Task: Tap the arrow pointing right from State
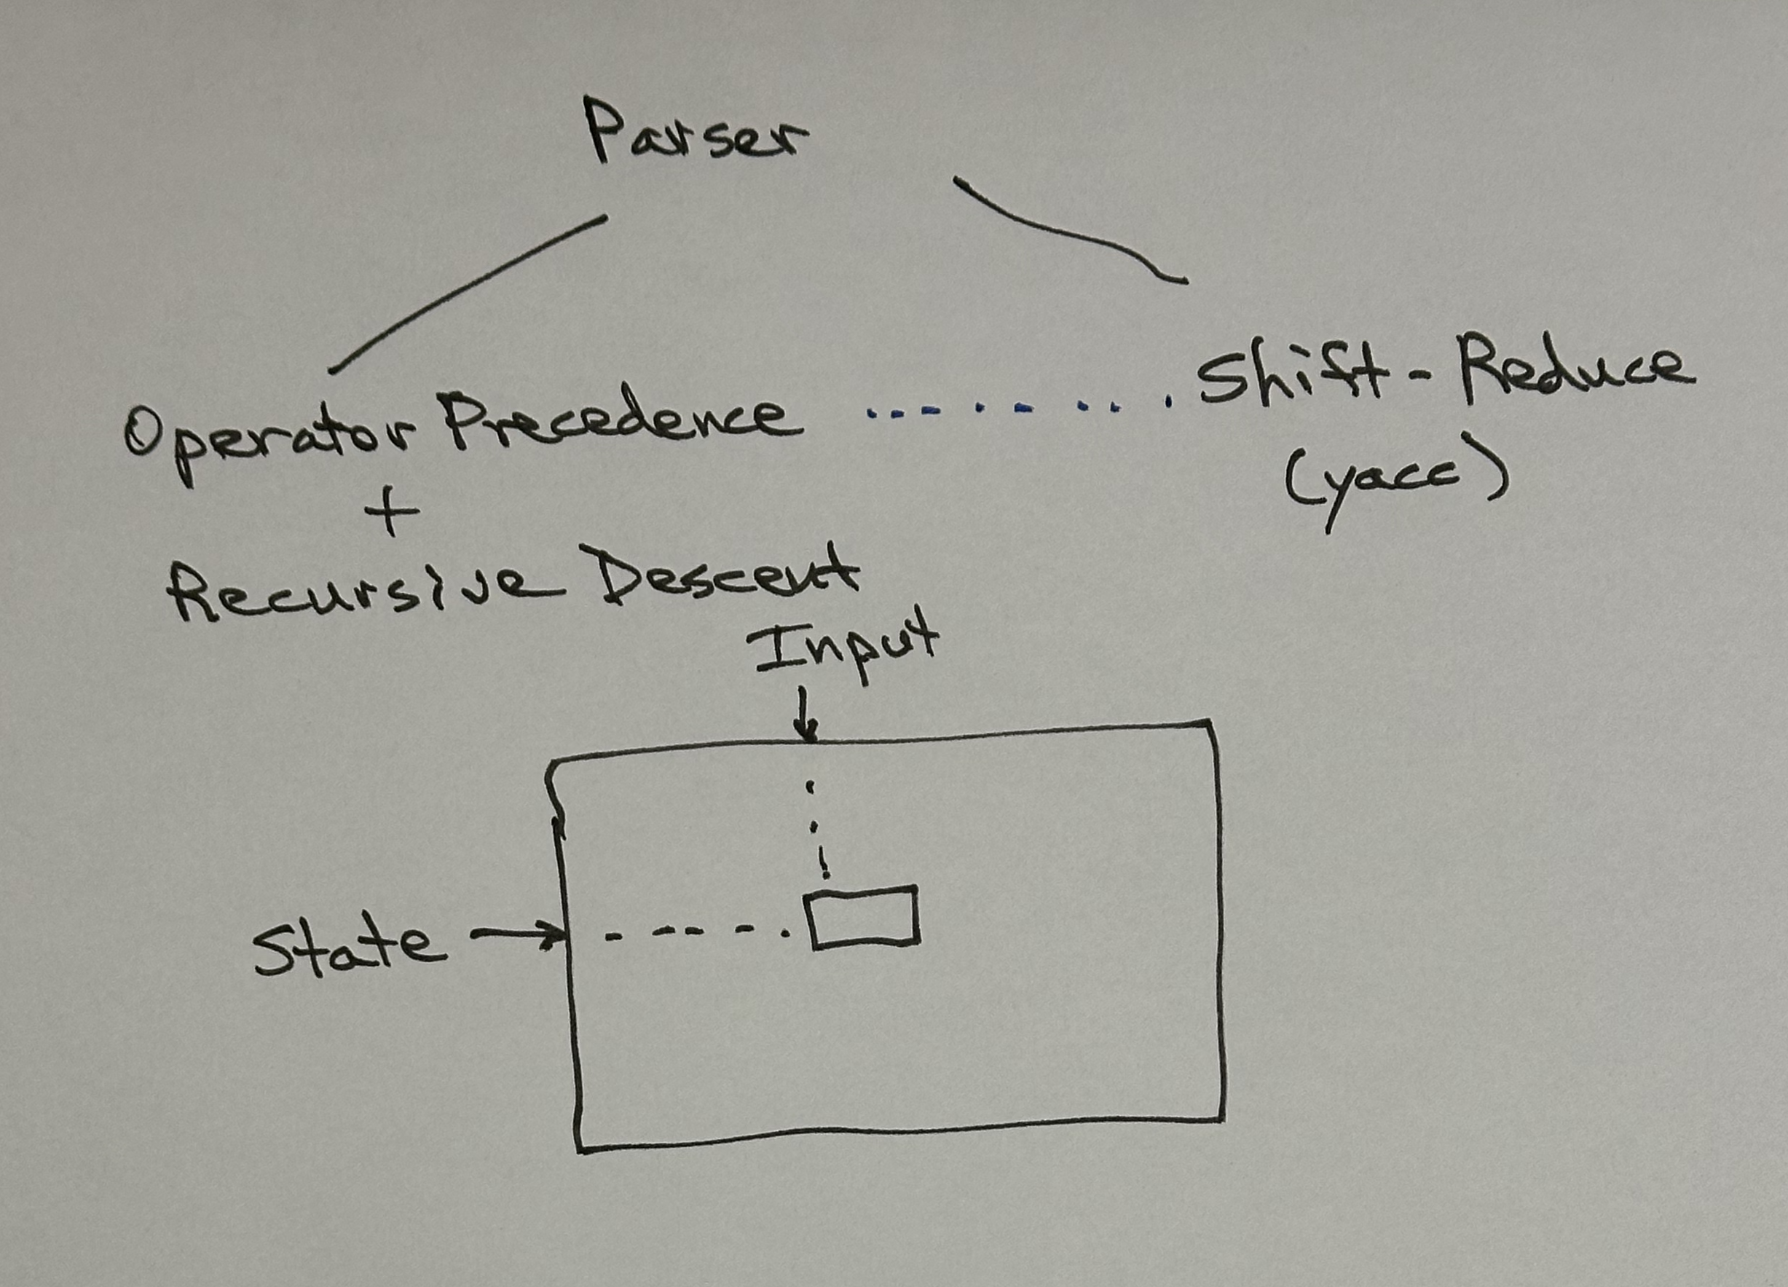click(x=517, y=936)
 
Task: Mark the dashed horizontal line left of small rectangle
click(x=694, y=934)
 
